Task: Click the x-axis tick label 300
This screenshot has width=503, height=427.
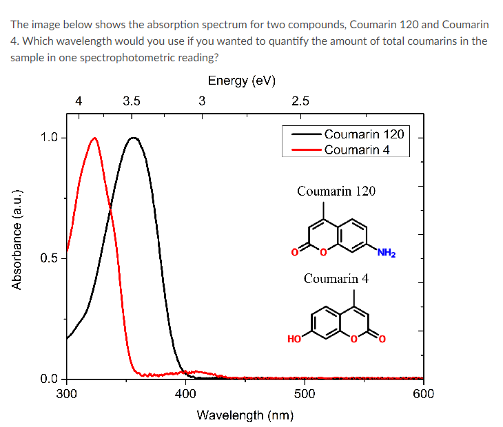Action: click(x=66, y=394)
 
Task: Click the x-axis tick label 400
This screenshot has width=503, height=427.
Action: click(x=185, y=394)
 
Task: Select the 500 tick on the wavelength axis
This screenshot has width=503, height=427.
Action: click(x=305, y=394)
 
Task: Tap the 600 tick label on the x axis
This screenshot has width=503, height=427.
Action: click(x=423, y=394)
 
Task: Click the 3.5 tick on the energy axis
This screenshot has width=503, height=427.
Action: click(x=132, y=101)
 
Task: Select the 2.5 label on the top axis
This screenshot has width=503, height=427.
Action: click(x=300, y=101)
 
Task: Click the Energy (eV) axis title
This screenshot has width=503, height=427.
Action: click(x=242, y=81)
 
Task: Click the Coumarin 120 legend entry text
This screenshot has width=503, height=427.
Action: click(x=364, y=134)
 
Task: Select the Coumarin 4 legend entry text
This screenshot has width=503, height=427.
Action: click(x=357, y=149)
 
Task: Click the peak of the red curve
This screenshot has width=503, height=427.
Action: click(x=94, y=138)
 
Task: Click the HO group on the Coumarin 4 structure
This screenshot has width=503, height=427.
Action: click(x=294, y=338)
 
